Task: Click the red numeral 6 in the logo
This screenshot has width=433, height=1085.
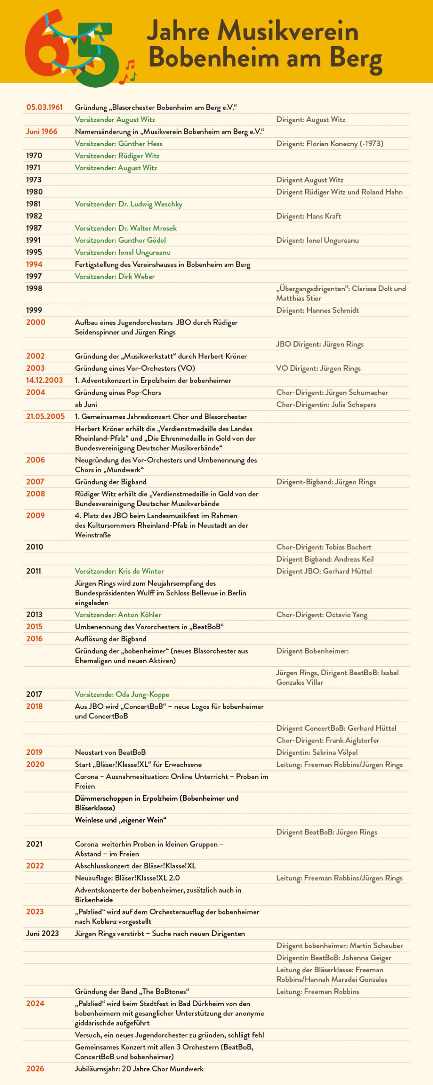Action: [44, 49]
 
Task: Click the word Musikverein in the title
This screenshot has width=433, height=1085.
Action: [288, 31]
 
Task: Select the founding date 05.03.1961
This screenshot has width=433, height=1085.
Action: [44, 107]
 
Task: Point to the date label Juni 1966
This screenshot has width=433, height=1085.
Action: [42, 131]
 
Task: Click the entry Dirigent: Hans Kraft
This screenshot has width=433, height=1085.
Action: [308, 216]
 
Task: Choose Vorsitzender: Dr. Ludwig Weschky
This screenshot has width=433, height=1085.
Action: [128, 204]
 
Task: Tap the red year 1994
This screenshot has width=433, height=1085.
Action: [34, 264]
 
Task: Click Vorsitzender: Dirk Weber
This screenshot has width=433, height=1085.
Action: [114, 276]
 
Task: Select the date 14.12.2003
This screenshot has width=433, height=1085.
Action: [44, 380]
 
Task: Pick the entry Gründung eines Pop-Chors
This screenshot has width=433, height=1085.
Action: [118, 392]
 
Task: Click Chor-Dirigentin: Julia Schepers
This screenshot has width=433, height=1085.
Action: [326, 404]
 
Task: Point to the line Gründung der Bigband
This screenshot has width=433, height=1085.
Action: [111, 482]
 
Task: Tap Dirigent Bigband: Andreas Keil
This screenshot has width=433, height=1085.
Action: [325, 559]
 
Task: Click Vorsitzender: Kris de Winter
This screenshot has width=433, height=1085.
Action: [119, 571]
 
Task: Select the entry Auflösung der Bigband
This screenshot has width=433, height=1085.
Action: [111, 639]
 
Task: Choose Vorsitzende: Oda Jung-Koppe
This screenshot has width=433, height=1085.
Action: [122, 694]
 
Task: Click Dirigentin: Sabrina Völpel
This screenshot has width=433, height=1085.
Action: [317, 752]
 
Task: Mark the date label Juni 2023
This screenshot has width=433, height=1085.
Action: [42, 933]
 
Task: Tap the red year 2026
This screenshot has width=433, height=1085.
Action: [35, 1068]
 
